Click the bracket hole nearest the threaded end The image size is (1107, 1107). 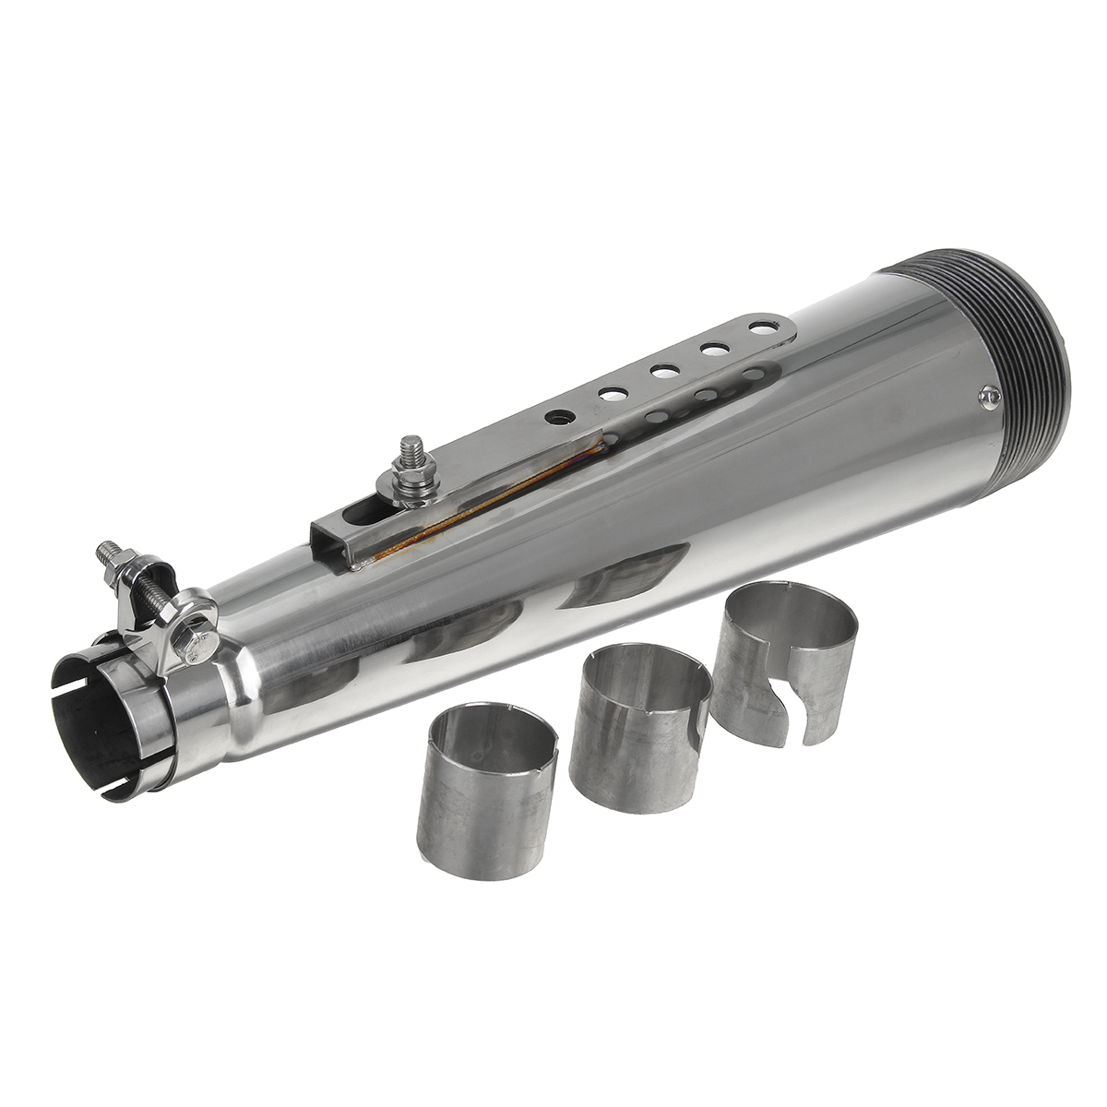coord(761,327)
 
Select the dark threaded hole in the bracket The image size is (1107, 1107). coord(557,417)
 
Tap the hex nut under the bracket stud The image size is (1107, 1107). coord(409,489)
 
